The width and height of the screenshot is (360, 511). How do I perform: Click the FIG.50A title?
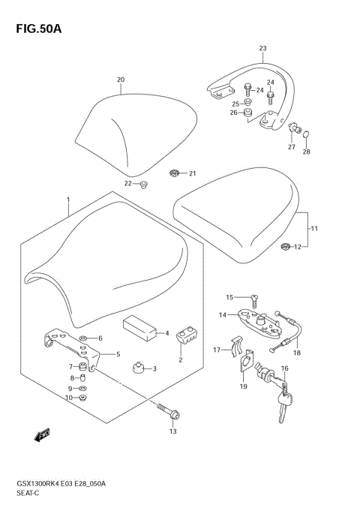[36, 29]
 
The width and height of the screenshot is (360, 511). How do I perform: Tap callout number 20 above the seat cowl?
[121, 80]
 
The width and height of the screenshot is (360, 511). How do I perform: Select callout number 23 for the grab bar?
[262, 49]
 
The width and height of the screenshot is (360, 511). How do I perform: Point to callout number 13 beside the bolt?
[172, 431]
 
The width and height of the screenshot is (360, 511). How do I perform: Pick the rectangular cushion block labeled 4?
[139, 329]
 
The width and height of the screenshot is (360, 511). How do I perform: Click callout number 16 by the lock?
[284, 369]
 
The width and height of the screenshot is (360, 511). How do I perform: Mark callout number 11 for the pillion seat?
[315, 227]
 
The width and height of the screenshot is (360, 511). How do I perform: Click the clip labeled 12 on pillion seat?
[285, 246]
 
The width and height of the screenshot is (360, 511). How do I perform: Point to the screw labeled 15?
[253, 299]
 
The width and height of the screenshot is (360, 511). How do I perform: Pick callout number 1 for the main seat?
[67, 200]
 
